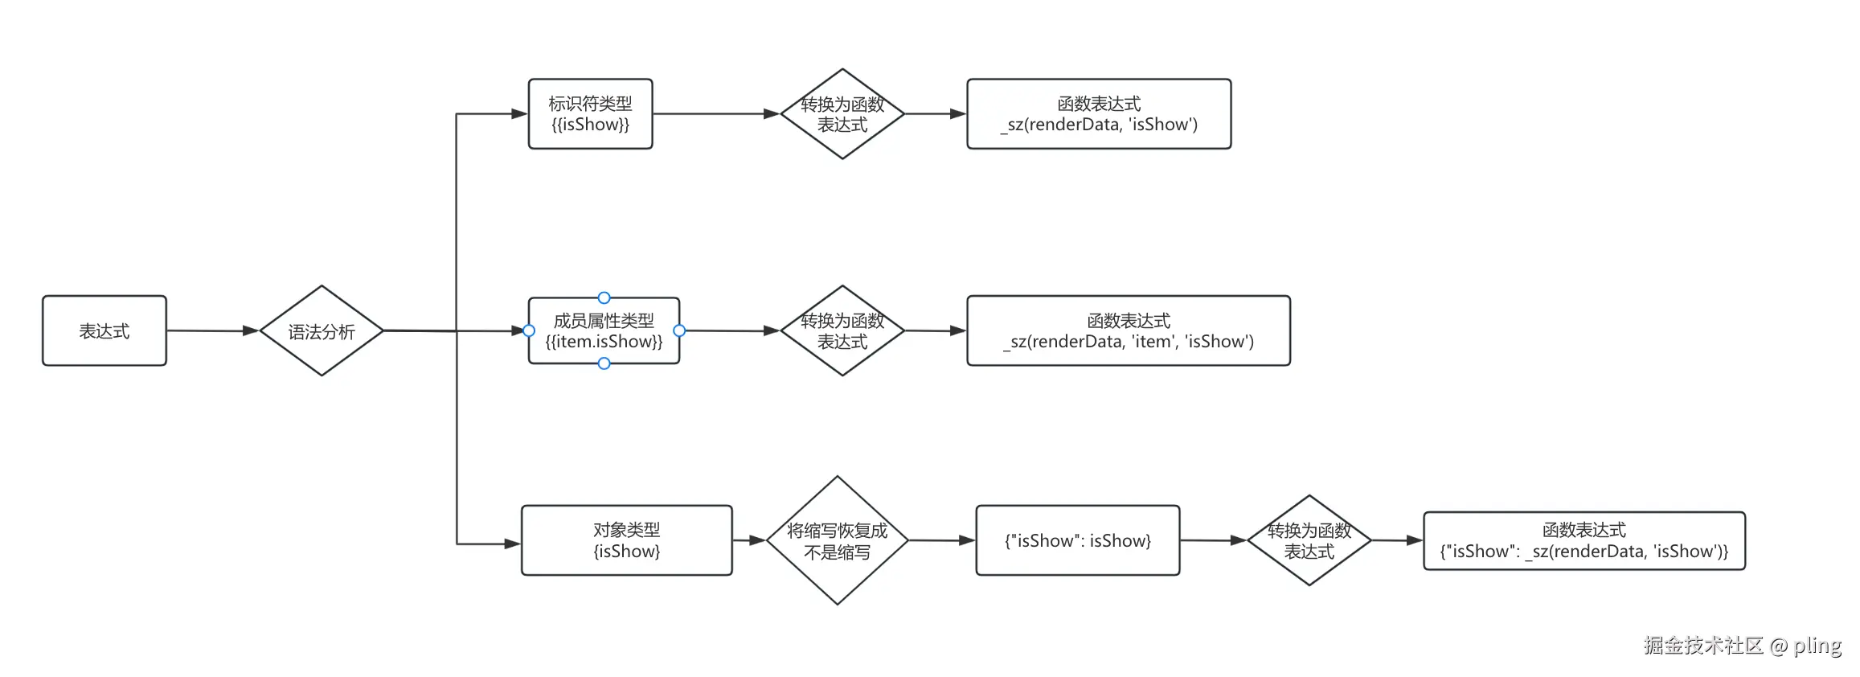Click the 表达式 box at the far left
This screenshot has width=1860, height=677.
104,330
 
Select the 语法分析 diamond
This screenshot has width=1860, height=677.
322,330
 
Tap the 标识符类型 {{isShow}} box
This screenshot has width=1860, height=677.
590,114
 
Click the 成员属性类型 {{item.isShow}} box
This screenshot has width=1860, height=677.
604,330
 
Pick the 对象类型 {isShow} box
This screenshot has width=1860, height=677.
626,540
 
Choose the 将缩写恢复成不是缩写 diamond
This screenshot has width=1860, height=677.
837,540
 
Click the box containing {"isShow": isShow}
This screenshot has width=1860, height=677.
1077,540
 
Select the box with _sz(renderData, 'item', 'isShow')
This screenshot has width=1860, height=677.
1128,330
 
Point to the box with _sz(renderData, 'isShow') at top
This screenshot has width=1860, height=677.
1098,114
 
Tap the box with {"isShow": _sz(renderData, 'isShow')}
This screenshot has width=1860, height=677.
1583,540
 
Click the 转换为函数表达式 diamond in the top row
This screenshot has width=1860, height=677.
842,114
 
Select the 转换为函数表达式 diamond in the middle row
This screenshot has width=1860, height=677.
842,330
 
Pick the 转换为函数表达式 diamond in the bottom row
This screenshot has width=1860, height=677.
1309,540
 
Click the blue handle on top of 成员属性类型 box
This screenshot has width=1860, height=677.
604,297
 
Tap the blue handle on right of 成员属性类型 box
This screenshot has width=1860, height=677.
679,330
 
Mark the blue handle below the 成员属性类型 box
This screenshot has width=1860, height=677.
604,363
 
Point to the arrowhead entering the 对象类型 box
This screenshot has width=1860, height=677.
512,544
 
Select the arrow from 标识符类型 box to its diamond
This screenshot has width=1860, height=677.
715,114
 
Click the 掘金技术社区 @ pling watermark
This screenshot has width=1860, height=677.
1742,645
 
